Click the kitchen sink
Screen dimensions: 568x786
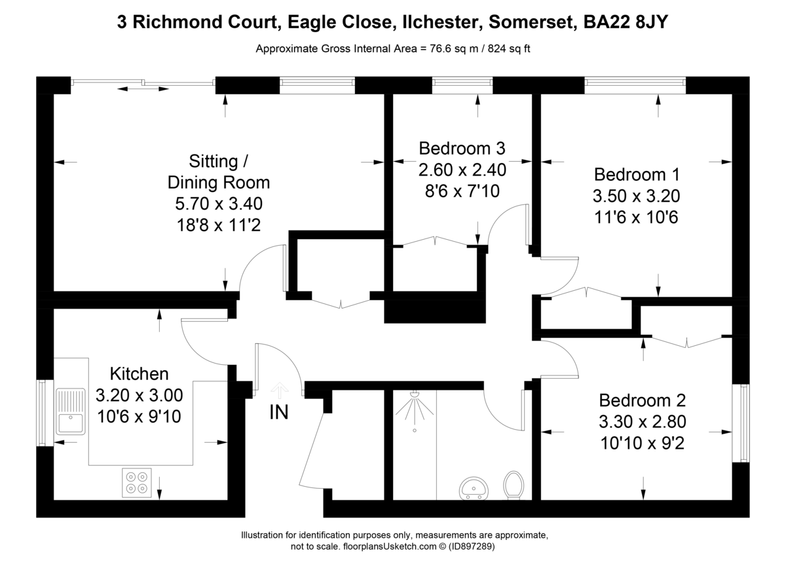point(71,411)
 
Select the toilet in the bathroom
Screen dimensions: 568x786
point(513,485)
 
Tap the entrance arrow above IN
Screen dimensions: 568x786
point(280,391)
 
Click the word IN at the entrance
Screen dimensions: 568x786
point(278,413)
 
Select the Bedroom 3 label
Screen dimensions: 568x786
point(462,149)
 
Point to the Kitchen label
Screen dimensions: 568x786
point(139,374)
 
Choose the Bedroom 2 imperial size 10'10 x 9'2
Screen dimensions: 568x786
point(643,443)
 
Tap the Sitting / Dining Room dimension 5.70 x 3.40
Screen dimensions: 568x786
point(219,204)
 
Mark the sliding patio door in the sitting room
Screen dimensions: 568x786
point(143,83)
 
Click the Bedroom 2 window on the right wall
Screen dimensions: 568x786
point(743,423)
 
